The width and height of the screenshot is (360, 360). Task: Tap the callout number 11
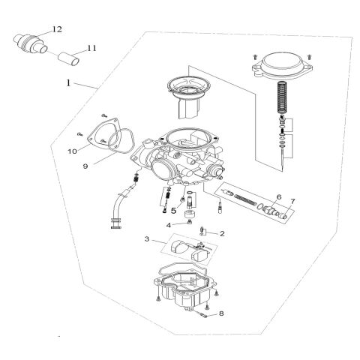(91, 49)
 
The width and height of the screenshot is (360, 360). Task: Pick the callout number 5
(172, 211)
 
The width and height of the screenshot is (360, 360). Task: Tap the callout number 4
(169, 224)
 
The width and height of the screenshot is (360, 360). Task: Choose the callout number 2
(223, 233)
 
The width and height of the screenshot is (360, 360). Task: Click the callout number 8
(220, 314)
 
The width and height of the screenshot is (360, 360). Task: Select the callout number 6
(278, 197)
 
